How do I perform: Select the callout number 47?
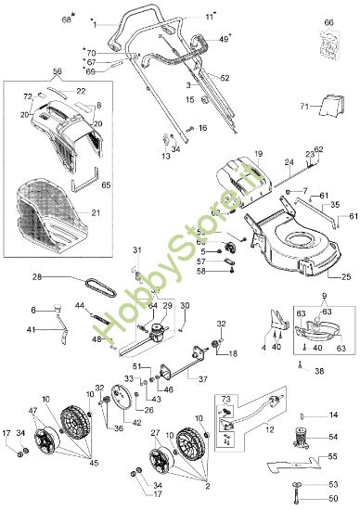click(x=33, y=411)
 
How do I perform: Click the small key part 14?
click(x=306, y=414)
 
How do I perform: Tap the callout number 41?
click(x=32, y=330)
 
